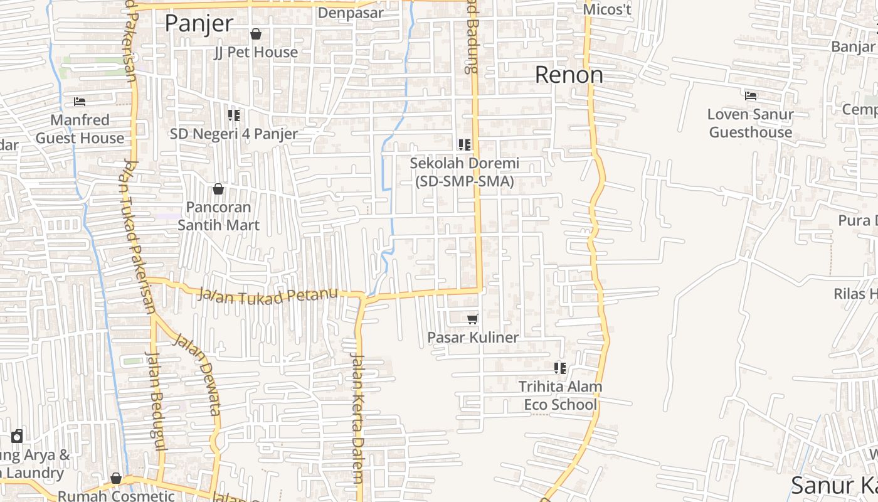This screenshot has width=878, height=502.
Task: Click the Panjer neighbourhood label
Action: pos(199,24)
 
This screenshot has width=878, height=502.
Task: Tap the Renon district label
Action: pos(569,75)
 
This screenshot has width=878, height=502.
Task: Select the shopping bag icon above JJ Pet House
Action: pos(256,34)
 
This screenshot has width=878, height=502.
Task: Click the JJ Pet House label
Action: pos(256,52)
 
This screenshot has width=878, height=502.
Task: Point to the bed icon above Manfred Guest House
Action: pos(80,101)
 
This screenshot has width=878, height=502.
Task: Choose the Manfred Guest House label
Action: pos(80,129)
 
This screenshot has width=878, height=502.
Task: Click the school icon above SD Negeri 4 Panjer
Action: pos(234,115)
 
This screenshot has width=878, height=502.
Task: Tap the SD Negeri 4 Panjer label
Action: pos(234,134)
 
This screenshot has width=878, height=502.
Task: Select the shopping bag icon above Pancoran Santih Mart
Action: pos(218,188)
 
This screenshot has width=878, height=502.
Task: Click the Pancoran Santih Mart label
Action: pos(218,216)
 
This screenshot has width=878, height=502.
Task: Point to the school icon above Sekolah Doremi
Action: pos(465,145)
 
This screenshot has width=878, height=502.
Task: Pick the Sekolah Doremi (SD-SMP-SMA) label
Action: pos(465,172)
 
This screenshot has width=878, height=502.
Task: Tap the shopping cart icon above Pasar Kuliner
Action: pos(473,319)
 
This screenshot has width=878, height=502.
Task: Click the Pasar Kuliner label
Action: pos(473,338)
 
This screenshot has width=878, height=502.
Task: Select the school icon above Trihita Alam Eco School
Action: pos(560,368)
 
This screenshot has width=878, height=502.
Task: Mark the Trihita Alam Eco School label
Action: pos(560,395)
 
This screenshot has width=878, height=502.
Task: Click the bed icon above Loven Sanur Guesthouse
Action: pos(751,96)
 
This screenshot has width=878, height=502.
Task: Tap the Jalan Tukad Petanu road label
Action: pos(268,295)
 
